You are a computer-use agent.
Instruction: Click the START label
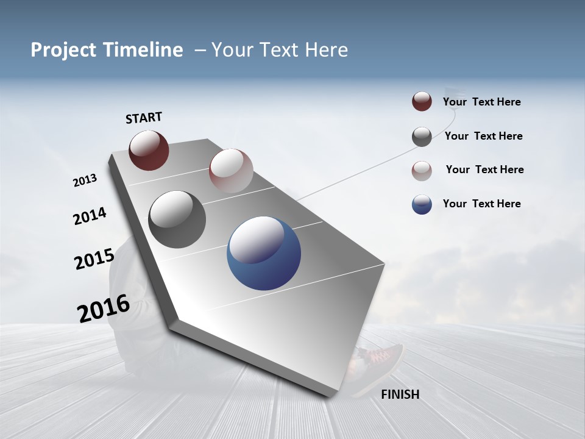(144, 118)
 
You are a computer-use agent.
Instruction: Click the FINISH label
(400, 394)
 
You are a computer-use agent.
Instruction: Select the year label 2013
(85, 180)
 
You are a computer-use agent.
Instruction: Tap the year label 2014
(90, 216)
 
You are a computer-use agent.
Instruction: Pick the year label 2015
(94, 259)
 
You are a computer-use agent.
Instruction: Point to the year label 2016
(103, 309)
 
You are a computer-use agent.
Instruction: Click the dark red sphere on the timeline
(149, 150)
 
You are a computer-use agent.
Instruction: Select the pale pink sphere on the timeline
(231, 171)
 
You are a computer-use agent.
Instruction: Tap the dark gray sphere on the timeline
(177, 220)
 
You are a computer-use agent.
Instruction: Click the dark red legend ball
(422, 102)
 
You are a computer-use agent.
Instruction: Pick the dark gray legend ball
(422, 137)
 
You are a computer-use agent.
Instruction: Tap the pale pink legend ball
(422, 171)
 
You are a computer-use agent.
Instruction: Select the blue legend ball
(422, 204)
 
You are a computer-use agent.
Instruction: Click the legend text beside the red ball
(481, 102)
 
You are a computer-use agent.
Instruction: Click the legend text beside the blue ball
(481, 204)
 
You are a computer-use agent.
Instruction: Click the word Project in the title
(63, 50)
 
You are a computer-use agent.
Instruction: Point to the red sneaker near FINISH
(380, 357)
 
